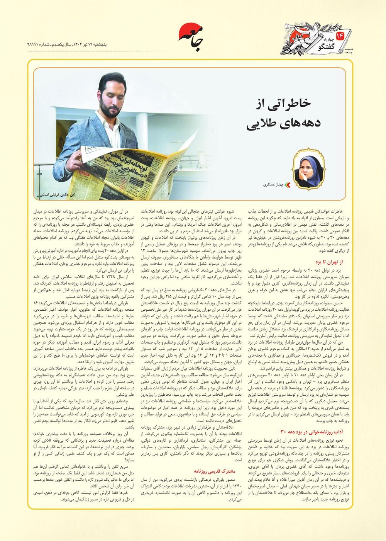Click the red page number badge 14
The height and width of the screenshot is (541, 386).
coord(340,36)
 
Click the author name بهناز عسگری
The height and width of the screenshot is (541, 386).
coord(273,185)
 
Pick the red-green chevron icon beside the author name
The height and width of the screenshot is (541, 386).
coord(286,185)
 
